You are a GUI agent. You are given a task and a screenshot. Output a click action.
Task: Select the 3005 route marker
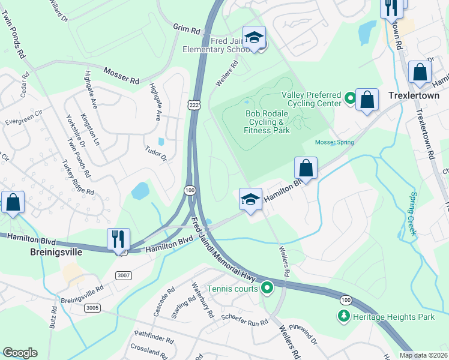tap(92, 308)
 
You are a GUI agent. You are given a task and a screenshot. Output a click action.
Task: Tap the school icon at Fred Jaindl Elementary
tap(254, 37)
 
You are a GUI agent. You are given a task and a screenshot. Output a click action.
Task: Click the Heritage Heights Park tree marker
tap(344, 316)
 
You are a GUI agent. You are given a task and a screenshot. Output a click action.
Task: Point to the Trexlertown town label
tap(414, 95)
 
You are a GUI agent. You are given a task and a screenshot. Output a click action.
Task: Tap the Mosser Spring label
tap(334, 142)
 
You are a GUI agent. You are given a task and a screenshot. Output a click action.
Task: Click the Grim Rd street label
tap(187, 29)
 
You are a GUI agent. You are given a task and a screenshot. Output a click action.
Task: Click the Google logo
tap(20, 353)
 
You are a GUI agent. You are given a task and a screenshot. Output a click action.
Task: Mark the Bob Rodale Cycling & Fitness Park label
tap(267, 122)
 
